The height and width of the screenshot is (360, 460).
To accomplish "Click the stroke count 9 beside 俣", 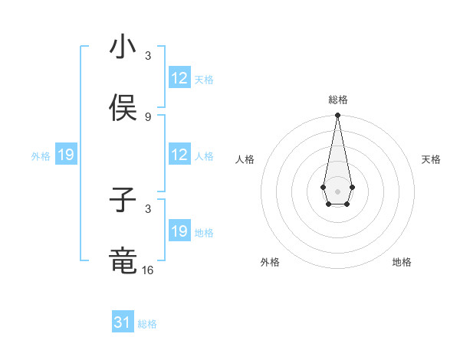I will point(148,116).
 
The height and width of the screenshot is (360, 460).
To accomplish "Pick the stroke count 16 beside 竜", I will point(148,270).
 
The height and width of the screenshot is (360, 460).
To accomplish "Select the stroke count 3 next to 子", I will point(148,208).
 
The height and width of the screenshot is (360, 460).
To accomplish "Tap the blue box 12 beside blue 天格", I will point(179,78).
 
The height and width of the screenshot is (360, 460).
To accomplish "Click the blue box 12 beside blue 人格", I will point(179,155).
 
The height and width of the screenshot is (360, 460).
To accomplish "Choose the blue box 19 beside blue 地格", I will point(179,231).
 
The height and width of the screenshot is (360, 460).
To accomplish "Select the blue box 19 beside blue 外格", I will point(66,155).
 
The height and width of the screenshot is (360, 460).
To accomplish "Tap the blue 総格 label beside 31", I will point(147,324).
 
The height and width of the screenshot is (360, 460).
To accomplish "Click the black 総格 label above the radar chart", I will point(338,100).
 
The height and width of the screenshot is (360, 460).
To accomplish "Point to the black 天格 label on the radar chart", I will point(431,159).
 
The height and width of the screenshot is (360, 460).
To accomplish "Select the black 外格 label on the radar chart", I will point(270,262).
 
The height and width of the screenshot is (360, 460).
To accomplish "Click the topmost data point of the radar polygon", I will point(337,116).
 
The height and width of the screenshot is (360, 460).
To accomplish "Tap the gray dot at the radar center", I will point(337,190).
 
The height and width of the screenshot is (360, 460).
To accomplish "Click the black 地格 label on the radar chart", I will point(402,262).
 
